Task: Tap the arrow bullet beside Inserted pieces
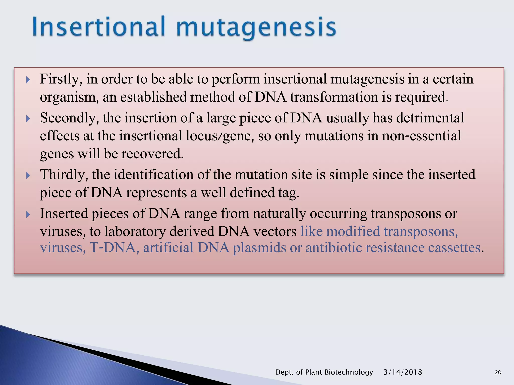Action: pyautogui.click(x=28, y=214)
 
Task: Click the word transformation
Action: pyautogui.click(x=334, y=97)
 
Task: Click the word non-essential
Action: pyautogui.click(x=421, y=136)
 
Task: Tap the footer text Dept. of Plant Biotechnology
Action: pyautogui.click(x=324, y=372)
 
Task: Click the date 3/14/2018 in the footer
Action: pyautogui.click(x=403, y=372)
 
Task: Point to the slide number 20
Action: pyautogui.click(x=498, y=372)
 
